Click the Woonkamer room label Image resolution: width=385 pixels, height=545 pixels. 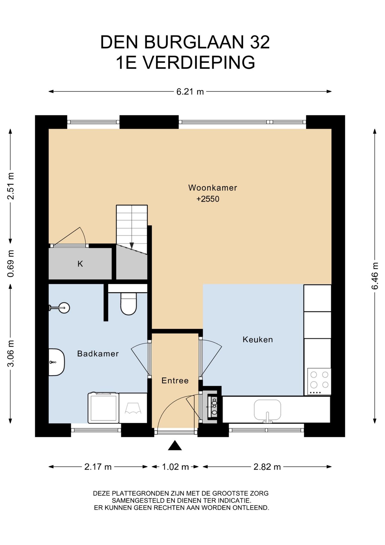[212, 188]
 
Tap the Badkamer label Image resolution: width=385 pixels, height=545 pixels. [98, 353]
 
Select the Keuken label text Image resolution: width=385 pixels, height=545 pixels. [258, 339]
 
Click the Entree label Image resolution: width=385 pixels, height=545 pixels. [175, 380]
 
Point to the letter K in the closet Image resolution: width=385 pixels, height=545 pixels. [80, 264]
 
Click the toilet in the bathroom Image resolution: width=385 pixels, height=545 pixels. [129, 303]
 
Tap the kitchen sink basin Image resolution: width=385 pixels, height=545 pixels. [267, 410]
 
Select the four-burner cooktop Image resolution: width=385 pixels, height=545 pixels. [319, 381]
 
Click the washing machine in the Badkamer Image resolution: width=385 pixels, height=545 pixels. [103, 408]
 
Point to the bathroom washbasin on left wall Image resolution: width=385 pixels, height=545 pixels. [57, 362]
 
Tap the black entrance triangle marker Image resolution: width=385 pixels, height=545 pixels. [175, 446]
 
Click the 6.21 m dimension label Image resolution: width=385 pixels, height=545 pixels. [190, 92]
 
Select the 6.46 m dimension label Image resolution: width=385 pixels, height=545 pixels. [375, 276]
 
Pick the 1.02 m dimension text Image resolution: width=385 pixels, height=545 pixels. [175, 467]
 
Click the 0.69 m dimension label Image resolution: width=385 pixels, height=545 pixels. [11, 264]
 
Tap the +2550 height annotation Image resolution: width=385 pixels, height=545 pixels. [208, 199]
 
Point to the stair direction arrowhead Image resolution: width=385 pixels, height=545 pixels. [132, 246]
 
